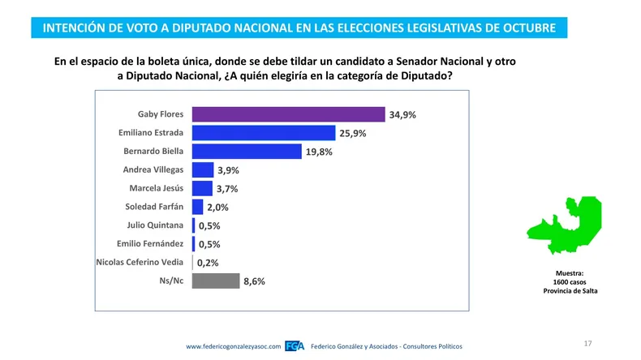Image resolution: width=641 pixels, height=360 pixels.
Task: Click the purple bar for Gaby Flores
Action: coord(288,114)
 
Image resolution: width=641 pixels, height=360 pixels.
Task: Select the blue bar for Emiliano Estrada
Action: coord(263,133)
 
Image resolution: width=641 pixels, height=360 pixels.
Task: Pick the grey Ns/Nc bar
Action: coord(215,281)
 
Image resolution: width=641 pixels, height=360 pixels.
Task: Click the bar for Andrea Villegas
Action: coord(203,170)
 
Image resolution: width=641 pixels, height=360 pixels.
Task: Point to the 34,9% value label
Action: coord(402,115)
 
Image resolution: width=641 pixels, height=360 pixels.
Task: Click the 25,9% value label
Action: coord(353,134)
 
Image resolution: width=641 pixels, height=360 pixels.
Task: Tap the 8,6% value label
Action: coord(253,282)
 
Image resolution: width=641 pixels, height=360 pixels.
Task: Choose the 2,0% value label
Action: coord(217,208)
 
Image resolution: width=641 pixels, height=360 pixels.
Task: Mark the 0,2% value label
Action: coord(207,263)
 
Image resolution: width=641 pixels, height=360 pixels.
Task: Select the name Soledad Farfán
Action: coord(154,207)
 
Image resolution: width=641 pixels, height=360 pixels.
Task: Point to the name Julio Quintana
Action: coord(155,225)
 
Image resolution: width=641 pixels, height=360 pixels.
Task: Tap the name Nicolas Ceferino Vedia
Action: coord(140,262)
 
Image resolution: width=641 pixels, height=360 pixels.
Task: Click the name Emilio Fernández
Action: coord(150,243)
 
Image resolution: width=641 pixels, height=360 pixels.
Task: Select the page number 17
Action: coord(587,344)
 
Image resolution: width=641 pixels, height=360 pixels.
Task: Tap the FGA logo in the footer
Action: coord(295,347)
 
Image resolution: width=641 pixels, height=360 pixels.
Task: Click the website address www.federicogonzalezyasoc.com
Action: coord(233,347)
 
